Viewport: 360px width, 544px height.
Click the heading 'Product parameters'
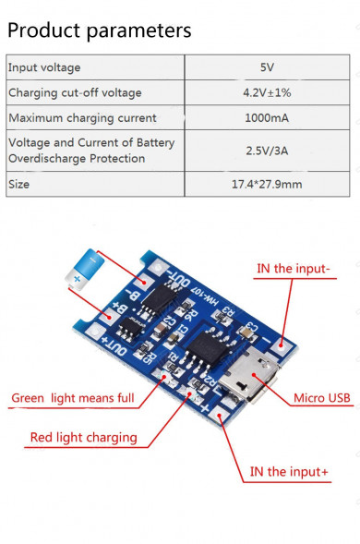tap(99, 30)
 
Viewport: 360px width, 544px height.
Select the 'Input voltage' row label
tap(44, 67)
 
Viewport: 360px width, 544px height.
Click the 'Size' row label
tap(19, 184)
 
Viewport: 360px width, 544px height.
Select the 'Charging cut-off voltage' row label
tap(75, 92)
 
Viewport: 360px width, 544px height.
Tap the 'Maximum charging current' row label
tap(82, 117)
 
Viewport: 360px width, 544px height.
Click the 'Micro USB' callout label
tap(321, 398)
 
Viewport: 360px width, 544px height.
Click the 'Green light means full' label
tap(73, 399)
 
